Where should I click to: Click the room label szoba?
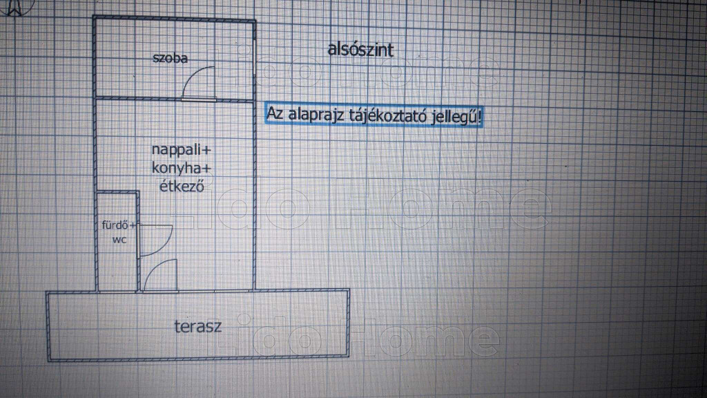170,58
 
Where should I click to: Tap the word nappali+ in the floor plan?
182,150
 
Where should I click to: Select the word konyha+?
182,169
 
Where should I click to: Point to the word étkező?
182,185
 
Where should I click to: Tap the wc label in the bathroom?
119,240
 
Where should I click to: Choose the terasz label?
198,326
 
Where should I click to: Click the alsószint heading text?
360,50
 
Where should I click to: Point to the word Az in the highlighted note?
275,113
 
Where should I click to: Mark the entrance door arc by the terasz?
153,267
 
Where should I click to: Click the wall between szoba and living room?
174,98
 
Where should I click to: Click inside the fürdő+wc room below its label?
117,266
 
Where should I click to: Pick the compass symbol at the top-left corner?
16,7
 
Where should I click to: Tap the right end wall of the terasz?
348,323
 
